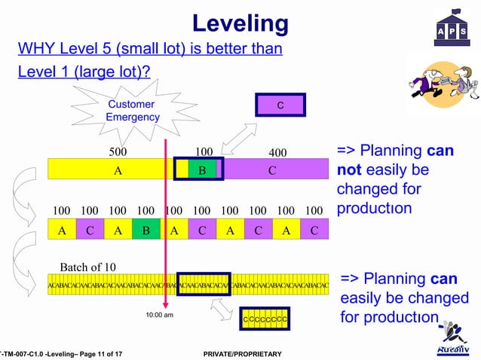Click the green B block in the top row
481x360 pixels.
[202, 169]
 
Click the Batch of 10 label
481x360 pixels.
[87, 267]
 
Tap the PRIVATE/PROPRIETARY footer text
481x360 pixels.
[237, 354]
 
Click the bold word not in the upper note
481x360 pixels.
[350, 169]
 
